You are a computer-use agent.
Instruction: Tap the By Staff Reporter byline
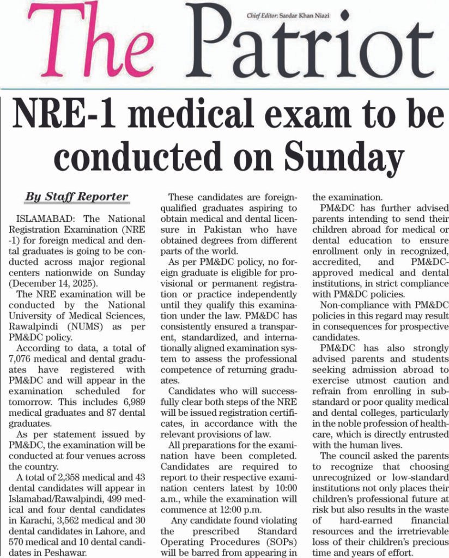click(76, 197)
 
